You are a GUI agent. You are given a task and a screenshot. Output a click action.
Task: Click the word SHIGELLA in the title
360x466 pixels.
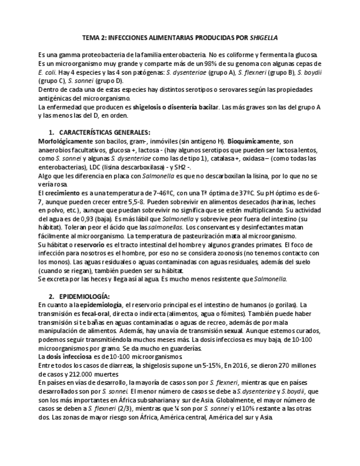[x=264, y=38]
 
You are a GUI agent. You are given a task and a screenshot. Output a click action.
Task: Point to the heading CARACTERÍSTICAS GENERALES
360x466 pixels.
[x=104, y=132]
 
